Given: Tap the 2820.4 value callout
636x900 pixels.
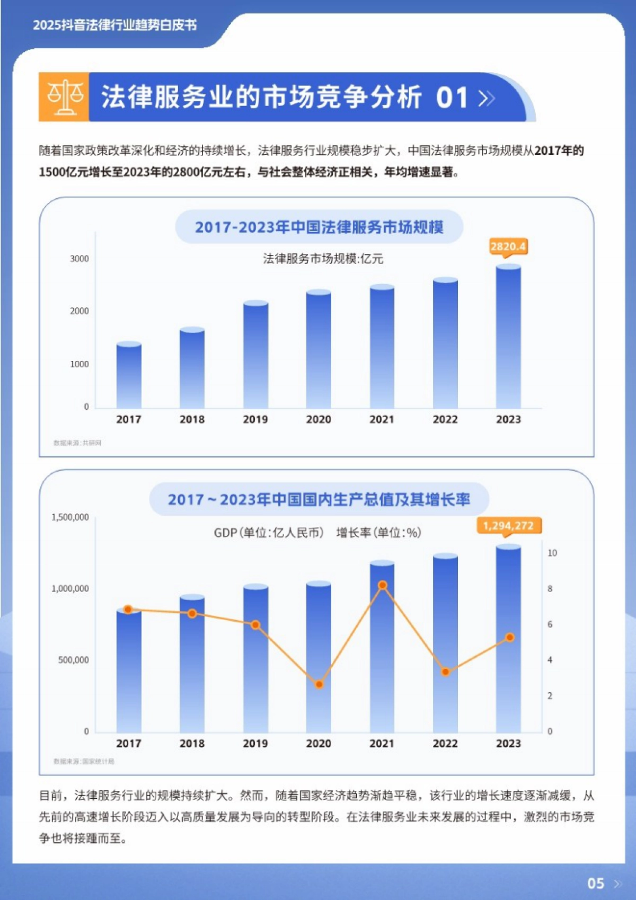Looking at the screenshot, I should [508, 246].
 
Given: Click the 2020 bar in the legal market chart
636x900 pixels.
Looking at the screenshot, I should [319, 350].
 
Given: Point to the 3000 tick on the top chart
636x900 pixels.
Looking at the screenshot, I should [79, 259].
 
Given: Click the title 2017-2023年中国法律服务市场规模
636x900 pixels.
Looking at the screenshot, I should [319, 227].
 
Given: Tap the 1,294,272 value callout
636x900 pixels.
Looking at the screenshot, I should [508, 525].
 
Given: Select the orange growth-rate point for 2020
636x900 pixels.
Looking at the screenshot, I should [319, 684].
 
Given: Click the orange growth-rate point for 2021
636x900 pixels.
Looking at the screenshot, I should [383, 585].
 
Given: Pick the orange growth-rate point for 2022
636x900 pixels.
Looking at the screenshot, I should [446, 672].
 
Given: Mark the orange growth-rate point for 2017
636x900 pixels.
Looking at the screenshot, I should [128, 610].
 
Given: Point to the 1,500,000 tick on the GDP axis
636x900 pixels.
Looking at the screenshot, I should [70, 517].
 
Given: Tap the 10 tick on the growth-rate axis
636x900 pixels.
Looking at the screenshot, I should [552, 553].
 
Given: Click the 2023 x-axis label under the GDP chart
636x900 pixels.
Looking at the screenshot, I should [508, 743].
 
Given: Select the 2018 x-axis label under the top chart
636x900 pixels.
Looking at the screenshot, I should [192, 419].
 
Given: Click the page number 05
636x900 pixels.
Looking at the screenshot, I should [596, 883].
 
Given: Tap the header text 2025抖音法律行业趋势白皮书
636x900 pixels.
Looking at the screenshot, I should [114, 25].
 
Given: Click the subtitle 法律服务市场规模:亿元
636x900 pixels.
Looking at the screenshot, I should [323, 259].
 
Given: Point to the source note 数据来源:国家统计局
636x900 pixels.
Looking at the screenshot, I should [84, 761].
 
